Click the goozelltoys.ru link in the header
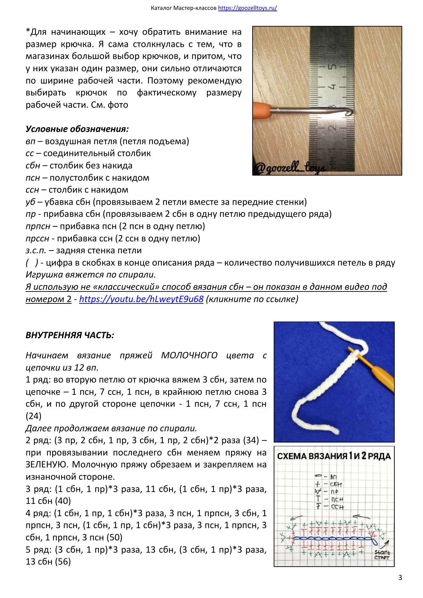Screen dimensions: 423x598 (x=247, y=8)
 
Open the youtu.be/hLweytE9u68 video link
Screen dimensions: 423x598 (x=141, y=299)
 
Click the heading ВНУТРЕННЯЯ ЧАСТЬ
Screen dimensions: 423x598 (x=70, y=335)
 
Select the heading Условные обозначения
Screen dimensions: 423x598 (x=77, y=129)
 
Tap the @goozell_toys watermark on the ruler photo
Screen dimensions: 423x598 (x=289, y=168)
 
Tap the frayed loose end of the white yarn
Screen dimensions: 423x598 (x=336, y=431)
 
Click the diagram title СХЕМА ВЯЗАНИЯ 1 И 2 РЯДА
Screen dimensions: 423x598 (x=334, y=456)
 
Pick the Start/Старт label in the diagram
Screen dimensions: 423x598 (x=382, y=555)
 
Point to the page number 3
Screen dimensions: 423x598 (x=400, y=578)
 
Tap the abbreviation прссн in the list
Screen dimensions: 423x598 (x=37, y=239)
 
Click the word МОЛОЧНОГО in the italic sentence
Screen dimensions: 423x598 (x=189, y=355)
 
